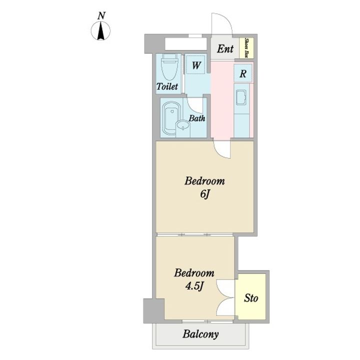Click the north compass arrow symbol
tap(100, 30)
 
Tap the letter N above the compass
tap(101, 16)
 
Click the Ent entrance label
tap(225, 48)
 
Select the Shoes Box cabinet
tap(246, 48)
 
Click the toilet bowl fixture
tap(169, 67)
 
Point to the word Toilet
tap(167, 86)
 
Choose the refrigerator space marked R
tap(243, 73)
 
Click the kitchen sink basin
tap(241, 97)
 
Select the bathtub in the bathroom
tap(171, 118)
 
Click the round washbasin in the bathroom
tap(183, 126)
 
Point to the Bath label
tap(197, 118)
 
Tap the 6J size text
tap(205, 194)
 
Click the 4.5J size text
tap(194, 286)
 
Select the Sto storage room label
tap(251, 298)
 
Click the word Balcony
tap(200, 334)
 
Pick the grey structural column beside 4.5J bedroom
tap(153, 310)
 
